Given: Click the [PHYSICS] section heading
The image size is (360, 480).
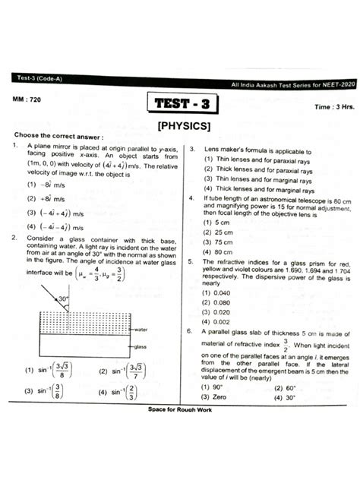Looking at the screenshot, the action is click(x=179, y=125).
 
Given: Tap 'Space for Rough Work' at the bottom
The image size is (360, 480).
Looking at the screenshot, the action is click(x=179, y=409).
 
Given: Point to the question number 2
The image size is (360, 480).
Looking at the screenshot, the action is click(x=14, y=237).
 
